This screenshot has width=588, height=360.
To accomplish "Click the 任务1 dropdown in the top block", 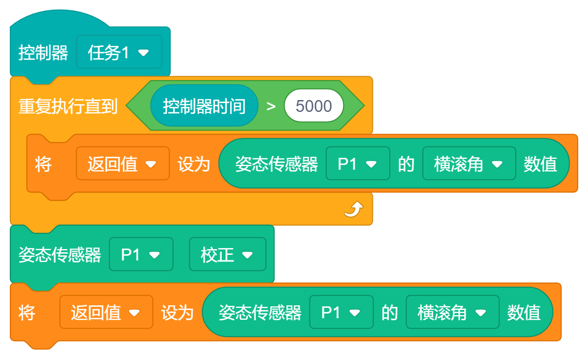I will coord(119,52).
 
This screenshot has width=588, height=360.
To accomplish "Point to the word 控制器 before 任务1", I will coord(43,53).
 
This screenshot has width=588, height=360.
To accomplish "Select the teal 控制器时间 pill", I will coord(204,106).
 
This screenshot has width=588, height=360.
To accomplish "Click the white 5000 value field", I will coord(314,106).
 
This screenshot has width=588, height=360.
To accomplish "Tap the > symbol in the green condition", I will coord(271,107).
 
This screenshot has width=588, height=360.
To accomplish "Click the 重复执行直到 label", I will coord(68,107).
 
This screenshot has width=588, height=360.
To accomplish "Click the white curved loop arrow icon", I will coord(354,209).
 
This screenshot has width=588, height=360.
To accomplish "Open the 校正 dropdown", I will coord(227,254).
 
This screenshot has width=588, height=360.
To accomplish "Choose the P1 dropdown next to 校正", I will coord(140,254).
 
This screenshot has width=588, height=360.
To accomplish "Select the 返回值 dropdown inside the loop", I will coord(122,164).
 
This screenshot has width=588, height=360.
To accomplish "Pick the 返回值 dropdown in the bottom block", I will coord(106,312).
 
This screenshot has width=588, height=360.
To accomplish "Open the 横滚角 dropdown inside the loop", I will coord(468,164).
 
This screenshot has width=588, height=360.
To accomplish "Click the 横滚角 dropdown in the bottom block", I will coord(452,312).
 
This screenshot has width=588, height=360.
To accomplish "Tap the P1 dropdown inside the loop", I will coord(357,164).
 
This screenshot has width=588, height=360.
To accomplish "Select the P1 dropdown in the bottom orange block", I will coord(340,312).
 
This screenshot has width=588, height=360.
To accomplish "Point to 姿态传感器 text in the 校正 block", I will coord(60,255).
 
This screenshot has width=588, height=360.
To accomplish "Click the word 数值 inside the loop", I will coord(541,164).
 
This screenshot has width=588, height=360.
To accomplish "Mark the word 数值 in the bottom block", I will coord(524,312).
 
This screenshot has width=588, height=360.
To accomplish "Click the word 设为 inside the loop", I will coord(194,164).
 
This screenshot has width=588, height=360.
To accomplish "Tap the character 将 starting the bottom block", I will coord(27,312).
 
